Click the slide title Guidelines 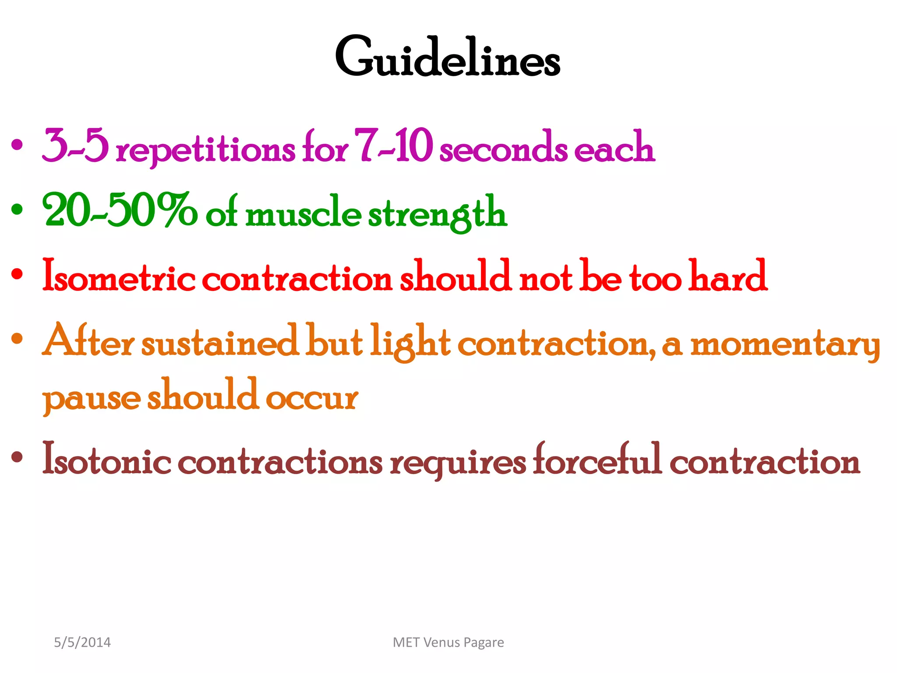point(448,57)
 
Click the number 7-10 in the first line point(393,145)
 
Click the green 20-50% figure point(120,210)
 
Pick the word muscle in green point(303,214)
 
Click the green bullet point point(17,209)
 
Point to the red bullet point point(17,274)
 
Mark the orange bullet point point(17,338)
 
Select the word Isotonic point(106,460)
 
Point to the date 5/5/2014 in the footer point(82,642)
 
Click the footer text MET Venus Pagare point(448,642)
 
